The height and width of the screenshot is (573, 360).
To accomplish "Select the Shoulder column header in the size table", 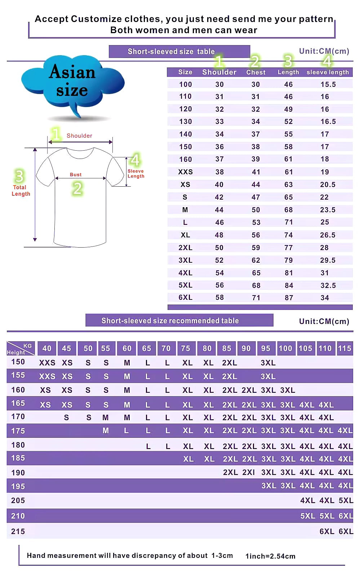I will pyautogui.click(x=219, y=72).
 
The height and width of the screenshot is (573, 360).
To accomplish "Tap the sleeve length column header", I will pyautogui.click(x=328, y=72).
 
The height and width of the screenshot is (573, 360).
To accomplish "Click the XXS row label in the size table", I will pyautogui.click(x=185, y=172).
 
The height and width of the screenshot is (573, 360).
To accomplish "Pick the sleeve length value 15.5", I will pyautogui.click(x=328, y=84).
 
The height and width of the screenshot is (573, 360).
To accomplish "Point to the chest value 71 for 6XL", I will pyautogui.click(x=256, y=298).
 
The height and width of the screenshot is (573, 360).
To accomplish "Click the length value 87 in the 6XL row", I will pyautogui.click(x=289, y=298).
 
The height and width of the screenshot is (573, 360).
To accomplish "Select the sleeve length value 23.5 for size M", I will pyautogui.click(x=328, y=210).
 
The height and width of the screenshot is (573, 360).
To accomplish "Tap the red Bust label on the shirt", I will pyautogui.click(x=76, y=174).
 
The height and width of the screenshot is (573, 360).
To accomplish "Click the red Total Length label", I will pyautogui.click(x=21, y=191).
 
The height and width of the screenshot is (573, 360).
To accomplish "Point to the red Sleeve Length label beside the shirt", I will pyautogui.click(x=135, y=174).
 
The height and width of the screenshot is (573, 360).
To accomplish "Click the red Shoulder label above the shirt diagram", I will pyautogui.click(x=79, y=136).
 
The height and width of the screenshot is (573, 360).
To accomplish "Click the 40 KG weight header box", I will pyautogui.click(x=47, y=348).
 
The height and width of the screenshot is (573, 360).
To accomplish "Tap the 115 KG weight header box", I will pyautogui.click(x=345, y=348).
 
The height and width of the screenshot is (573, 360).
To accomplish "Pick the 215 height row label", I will pyautogui.click(x=18, y=532).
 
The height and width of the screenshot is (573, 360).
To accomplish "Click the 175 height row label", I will pyautogui.click(x=18, y=431).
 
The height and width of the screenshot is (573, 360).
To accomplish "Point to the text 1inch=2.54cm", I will pyautogui.click(x=270, y=556).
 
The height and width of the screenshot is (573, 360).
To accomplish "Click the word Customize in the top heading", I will pyautogui.click(x=96, y=19).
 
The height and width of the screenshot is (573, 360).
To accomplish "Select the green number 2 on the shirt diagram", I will pyautogui.click(x=77, y=188).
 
